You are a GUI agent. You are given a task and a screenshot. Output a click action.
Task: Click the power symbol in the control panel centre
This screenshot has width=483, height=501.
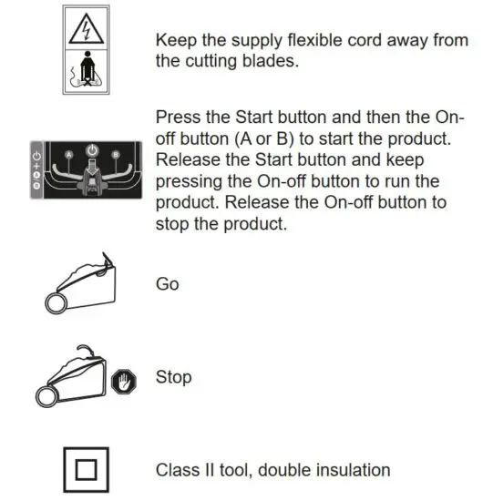(x=90, y=149)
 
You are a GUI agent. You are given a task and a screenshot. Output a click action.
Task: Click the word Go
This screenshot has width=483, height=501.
(x=168, y=284)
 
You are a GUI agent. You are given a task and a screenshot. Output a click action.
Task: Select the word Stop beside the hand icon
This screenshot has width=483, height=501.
(x=173, y=376)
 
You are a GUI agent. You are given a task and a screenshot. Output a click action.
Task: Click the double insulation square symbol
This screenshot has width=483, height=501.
(x=84, y=470)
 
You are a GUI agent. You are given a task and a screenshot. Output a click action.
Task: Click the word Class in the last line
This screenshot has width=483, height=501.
(x=177, y=470)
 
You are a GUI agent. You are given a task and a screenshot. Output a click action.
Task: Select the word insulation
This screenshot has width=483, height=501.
(x=351, y=470)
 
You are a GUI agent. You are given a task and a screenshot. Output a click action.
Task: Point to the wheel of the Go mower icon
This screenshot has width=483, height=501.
(x=55, y=302)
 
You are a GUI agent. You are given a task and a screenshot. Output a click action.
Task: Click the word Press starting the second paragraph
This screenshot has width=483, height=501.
(x=178, y=119)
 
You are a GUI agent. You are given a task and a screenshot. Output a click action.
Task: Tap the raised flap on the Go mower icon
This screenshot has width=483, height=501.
(x=108, y=265)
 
